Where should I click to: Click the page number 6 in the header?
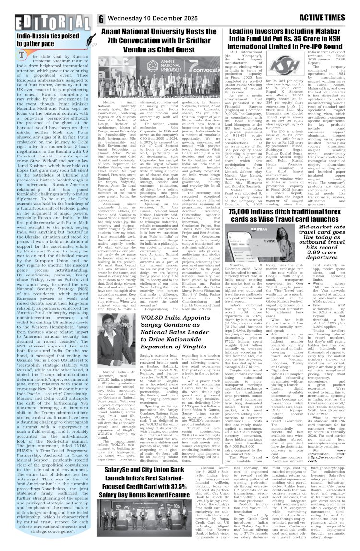pyautogui.click(x=102, y=19)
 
